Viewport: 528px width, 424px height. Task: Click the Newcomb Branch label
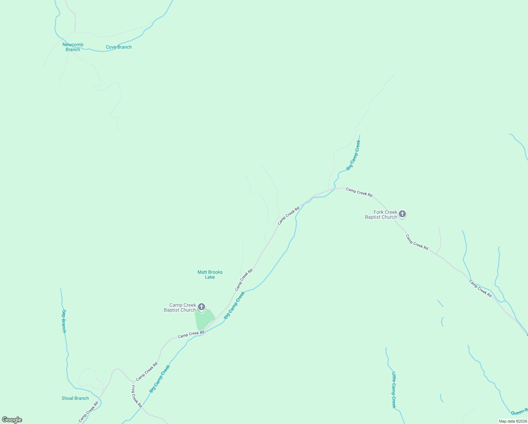click(73, 47)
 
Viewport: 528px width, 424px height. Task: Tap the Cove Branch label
click(119, 47)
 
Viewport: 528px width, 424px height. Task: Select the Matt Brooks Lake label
click(210, 275)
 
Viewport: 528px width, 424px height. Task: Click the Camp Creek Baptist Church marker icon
click(202, 307)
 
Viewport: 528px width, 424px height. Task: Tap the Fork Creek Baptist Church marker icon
click(402, 214)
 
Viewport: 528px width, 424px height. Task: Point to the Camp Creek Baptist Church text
click(180, 307)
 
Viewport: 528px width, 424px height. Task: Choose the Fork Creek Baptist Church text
click(381, 214)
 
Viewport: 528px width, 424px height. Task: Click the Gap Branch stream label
click(64, 321)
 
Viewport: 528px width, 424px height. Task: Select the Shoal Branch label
click(75, 398)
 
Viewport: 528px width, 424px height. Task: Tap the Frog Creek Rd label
click(137, 396)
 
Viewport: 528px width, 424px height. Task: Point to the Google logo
click(12, 420)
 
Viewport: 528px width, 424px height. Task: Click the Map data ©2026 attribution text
click(512, 421)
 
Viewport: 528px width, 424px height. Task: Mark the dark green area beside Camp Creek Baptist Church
click(204, 319)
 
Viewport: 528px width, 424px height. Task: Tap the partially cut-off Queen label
click(519, 412)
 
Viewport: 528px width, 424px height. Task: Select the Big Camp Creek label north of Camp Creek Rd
click(353, 155)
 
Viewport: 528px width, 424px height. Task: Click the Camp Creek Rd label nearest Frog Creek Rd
click(147, 372)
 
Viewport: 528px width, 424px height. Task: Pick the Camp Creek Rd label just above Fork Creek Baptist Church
click(359, 192)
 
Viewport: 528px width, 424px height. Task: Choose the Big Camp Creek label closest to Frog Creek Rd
click(160, 379)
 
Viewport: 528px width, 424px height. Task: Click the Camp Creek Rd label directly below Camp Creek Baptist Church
click(191, 334)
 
